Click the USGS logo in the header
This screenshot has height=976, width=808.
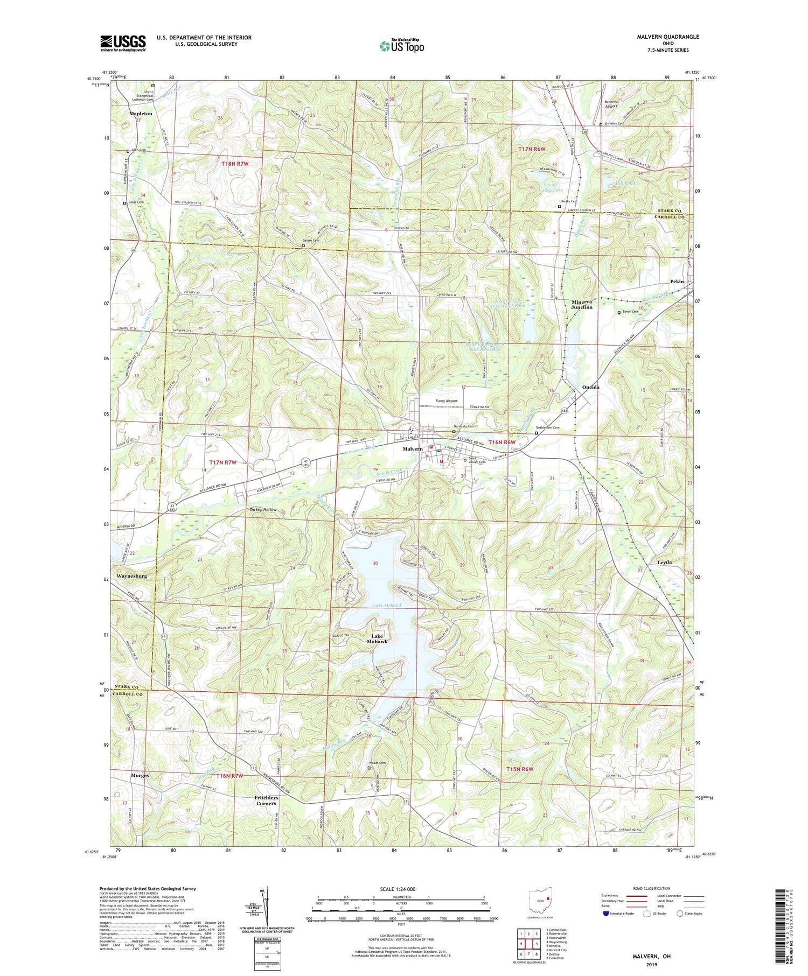click(x=123, y=43)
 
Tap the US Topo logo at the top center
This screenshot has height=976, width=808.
click(x=401, y=46)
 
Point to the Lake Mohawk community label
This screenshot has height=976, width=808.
click(x=377, y=639)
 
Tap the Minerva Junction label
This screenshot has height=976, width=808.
click(x=582, y=305)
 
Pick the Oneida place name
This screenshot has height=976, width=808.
click(x=591, y=388)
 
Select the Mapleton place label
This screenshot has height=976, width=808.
click(x=141, y=114)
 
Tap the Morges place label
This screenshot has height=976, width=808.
click(x=140, y=776)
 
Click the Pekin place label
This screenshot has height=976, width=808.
click(x=677, y=282)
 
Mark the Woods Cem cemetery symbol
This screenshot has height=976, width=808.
click(x=370, y=768)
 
